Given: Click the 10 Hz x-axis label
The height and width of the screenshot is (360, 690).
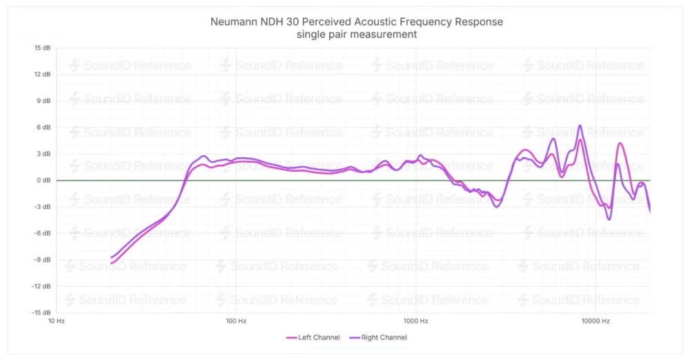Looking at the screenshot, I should point(56,321).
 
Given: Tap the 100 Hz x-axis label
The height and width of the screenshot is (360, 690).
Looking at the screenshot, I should point(236,321).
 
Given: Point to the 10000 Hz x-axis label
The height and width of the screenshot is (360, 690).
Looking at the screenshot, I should point(595,321).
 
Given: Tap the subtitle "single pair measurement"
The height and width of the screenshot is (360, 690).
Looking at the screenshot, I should point(357,34).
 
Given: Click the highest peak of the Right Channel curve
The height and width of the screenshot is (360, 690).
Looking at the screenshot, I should point(580,126).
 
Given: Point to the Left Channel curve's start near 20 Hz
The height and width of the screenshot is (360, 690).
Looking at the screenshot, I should point(112,263).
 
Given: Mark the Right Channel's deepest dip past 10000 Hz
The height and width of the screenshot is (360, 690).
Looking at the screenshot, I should point(609,219).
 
